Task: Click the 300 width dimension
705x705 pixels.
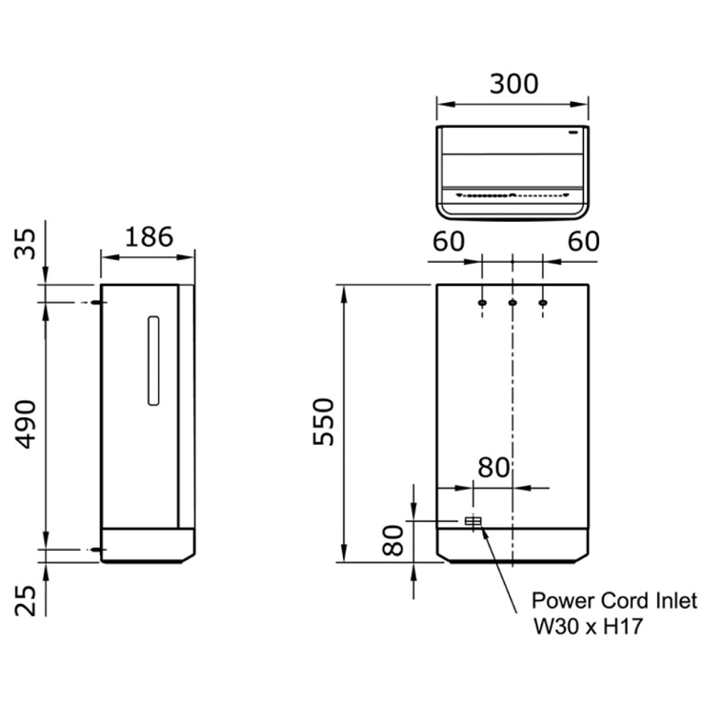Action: pos(514,84)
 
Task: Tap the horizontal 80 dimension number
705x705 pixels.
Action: pos(493,468)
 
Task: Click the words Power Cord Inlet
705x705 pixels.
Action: pos(614,601)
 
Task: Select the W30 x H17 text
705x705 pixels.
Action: pos(583,629)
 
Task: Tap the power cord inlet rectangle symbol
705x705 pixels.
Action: pos(473,521)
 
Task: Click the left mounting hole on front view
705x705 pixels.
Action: pos(482,303)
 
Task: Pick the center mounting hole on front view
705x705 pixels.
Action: pos(513,303)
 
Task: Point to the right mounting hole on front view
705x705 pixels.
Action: pos(543,303)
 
